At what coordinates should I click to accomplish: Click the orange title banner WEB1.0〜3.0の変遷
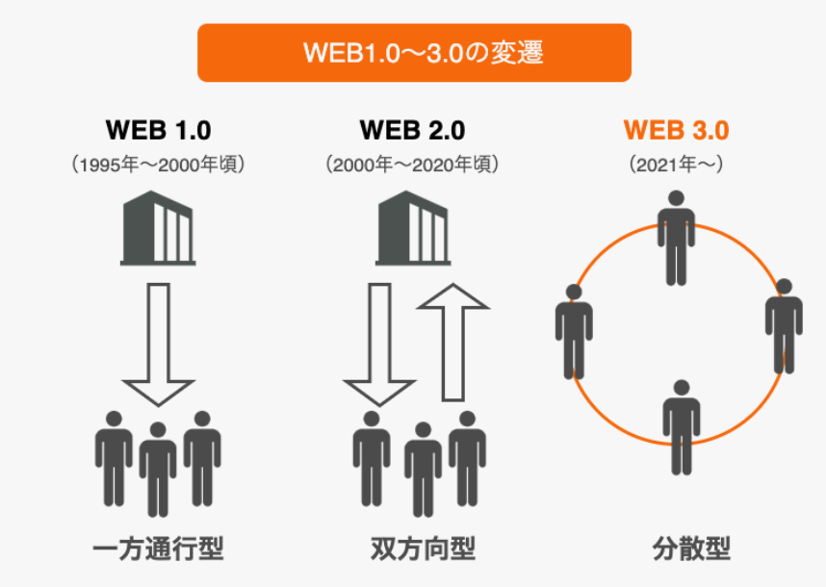pyautogui.click(x=414, y=53)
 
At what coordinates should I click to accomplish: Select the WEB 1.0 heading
pyautogui.click(x=159, y=130)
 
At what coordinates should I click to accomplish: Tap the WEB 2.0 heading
pyautogui.click(x=412, y=130)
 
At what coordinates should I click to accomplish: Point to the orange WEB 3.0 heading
pyautogui.click(x=677, y=130)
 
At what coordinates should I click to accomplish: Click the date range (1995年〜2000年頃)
pyautogui.click(x=158, y=165)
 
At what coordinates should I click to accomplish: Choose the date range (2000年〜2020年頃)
pyautogui.click(x=412, y=165)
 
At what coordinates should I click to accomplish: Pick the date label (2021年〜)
pyautogui.click(x=677, y=165)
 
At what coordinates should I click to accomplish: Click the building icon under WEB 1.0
pyautogui.click(x=158, y=228)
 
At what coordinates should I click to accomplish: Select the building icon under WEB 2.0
pyautogui.click(x=413, y=228)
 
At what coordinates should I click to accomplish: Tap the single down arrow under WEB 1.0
pyautogui.click(x=158, y=345)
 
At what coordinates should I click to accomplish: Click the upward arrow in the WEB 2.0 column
pyautogui.click(x=453, y=343)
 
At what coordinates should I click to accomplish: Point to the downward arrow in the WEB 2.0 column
pyautogui.click(x=379, y=345)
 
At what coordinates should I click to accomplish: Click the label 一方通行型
pyautogui.click(x=158, y=549)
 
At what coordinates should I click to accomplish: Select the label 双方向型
pyautogui.click(x=423, y=549)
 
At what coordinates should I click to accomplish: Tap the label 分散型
pyautogui.click(x=691, y=549)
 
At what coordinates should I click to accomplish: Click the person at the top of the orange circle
pyautogui.click(x=677, y=238)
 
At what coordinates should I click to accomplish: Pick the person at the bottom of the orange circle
pyautogui.click(x=682, y=427)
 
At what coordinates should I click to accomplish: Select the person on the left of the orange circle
pyautogui.click(x=574, y=332)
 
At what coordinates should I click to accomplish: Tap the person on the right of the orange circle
pyautogui.click(x=784, y=326)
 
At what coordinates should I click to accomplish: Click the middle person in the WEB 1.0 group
pyautogui.click(x=158, y=470)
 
